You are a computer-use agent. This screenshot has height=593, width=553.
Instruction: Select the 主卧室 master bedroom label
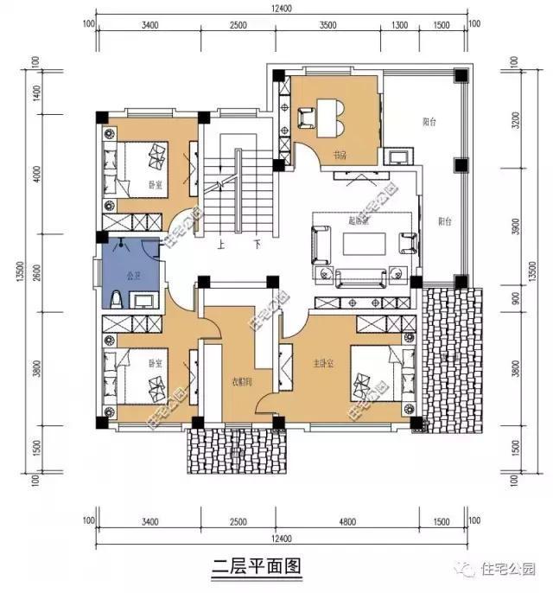[323, 363]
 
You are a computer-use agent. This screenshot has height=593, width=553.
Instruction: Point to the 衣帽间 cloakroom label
[241, 382]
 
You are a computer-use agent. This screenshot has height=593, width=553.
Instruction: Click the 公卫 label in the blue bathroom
[133, 277]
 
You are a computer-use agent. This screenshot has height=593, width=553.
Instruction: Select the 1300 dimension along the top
[399, 25]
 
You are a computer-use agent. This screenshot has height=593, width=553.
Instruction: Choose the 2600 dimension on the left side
[37, 270]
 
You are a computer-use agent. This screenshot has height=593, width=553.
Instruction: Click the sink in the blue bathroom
[143, 301]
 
